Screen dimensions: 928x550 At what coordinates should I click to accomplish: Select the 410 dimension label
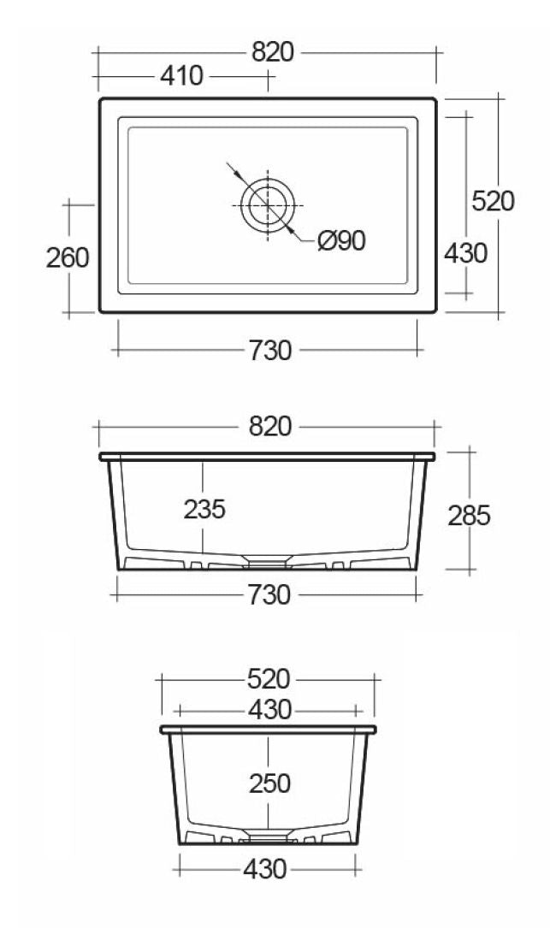point(181,76)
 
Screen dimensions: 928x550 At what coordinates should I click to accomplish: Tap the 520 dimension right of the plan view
point(493,201)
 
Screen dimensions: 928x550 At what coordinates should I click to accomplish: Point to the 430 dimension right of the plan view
point(465,253)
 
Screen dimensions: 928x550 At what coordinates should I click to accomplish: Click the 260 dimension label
point(68,257)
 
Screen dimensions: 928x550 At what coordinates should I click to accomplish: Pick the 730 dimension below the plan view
point(268,350)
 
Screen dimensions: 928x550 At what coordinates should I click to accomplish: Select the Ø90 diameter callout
point(340,242)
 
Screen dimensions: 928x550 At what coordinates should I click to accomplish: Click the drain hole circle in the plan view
point(268,206)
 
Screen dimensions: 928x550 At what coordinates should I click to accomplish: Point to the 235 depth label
point(204,509)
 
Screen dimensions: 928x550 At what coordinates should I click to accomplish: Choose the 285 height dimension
point(469,516)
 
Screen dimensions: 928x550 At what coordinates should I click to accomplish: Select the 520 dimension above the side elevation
point(268,679)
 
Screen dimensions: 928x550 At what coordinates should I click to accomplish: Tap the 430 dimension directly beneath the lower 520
point(268,709)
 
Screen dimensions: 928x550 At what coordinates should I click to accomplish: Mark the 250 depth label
point(268,783)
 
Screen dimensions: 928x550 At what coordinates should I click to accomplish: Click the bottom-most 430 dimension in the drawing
point(264,870)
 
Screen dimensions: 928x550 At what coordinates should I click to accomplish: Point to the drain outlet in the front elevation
point(268,560)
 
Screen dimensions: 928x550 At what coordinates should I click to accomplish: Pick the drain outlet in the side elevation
point(268,835)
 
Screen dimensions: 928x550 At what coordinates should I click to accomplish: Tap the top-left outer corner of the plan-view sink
point(102,100)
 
